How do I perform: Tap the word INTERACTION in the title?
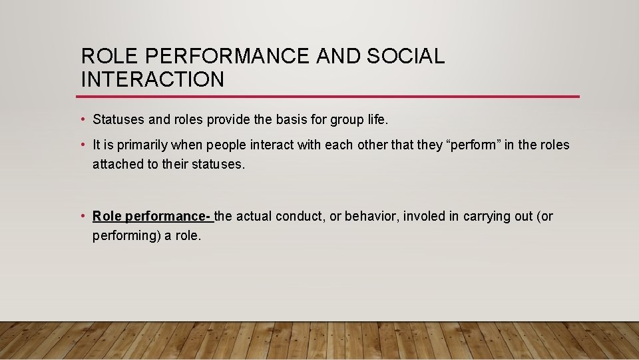[152, 79]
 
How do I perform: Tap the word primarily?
[143, 145]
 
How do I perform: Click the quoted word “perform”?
[473, 145]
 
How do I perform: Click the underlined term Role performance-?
[152, 217]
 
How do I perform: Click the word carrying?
[488, 217]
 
